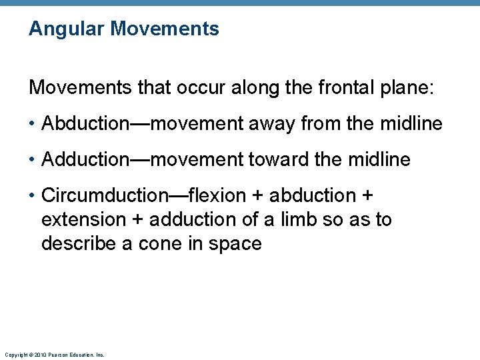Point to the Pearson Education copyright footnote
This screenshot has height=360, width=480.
pyautogui.click(x=54, y=355)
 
